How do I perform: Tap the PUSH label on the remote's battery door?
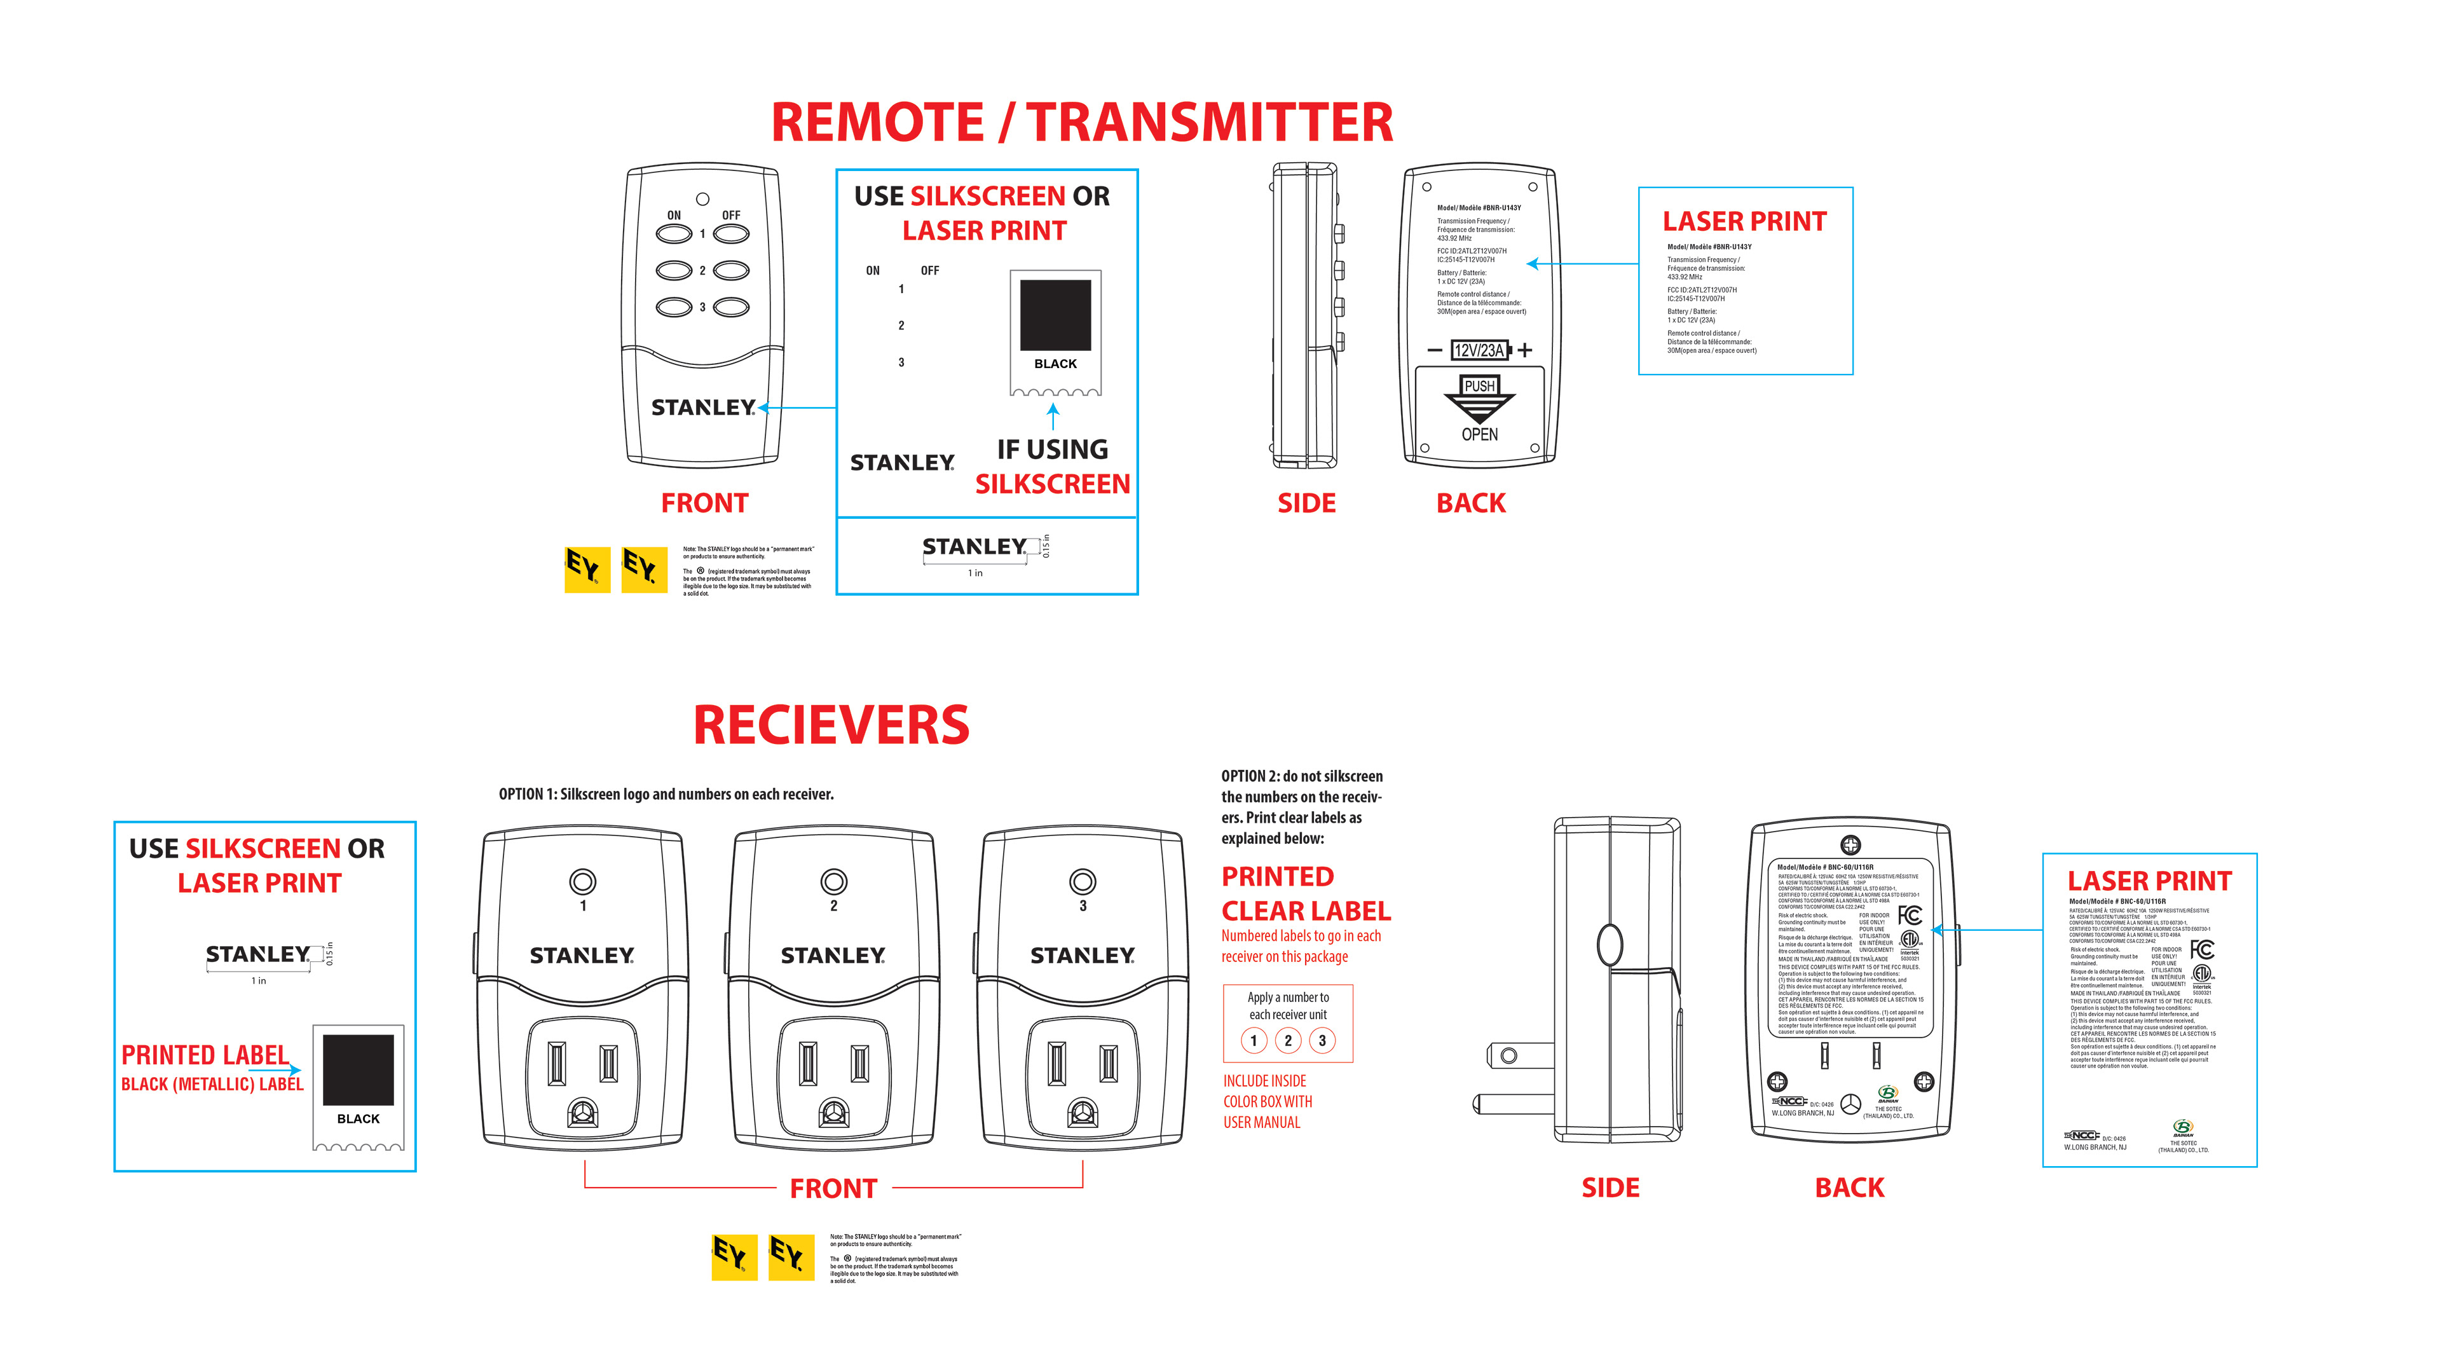1479,386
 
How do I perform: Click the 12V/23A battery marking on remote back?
1478,350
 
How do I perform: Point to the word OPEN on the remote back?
1479,435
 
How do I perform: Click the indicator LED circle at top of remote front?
702,199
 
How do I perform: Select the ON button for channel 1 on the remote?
674,233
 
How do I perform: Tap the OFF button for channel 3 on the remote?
730,307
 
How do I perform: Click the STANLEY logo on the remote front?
703,408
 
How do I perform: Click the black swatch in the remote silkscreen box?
1055,315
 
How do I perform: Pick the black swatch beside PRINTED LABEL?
358,1069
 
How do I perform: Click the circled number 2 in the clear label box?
1288,1040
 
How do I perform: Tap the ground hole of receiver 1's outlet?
583,1111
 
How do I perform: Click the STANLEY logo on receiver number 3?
1082,955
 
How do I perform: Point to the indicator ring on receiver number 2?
833,881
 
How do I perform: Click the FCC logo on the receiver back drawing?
1910,914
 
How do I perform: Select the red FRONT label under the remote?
704,503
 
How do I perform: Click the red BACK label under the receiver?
1849,1187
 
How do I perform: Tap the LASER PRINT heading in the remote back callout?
1744,222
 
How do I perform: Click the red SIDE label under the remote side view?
1306,503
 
